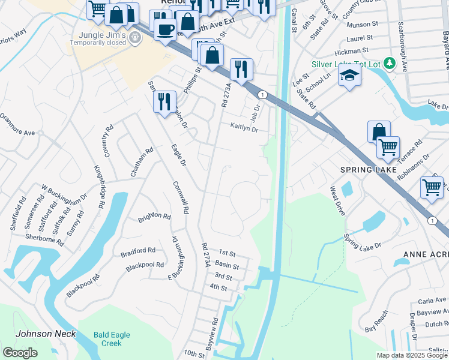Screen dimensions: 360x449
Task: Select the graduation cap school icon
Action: (x=349, y=76)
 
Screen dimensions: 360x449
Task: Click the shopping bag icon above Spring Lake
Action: (x=379, y=131)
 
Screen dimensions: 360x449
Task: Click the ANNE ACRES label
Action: (x=426, y=254)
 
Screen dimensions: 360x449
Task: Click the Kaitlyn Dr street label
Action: (x=244, y=128)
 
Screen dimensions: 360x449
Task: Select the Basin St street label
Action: (x=228, y=266)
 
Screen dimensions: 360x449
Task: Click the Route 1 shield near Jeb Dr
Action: (x=262, y=95)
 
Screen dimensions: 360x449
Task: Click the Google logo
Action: (x=20, y=353)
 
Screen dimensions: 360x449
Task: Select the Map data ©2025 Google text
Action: (x=412, y=355)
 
